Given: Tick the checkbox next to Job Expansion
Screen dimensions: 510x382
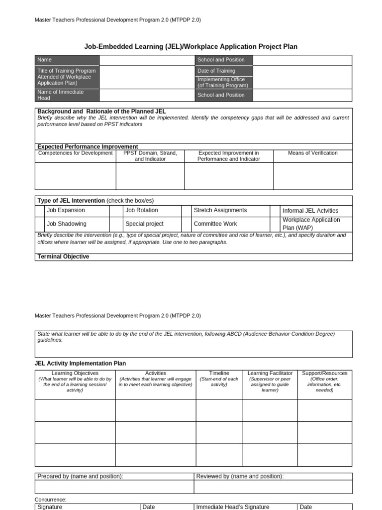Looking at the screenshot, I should [40, 211].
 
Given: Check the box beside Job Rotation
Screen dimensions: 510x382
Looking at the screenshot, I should [116, 211].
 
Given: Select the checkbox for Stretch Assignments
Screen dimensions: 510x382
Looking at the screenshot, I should [186, 211].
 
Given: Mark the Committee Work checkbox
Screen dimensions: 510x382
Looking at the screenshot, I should [186, 224].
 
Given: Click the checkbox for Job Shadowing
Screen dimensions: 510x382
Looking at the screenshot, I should [40, 224].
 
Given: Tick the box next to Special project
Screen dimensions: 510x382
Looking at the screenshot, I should [116, 224].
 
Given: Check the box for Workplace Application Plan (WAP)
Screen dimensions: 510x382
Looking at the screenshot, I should [275, 224].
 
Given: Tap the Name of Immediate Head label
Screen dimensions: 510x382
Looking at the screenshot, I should [61, 95].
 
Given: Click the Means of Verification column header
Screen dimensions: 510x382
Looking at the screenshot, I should [312, 153].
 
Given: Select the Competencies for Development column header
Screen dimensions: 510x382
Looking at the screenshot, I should [75, 153].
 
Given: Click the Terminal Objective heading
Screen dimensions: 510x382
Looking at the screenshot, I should [63, 256].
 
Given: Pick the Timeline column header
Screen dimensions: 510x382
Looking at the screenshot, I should [219, 373].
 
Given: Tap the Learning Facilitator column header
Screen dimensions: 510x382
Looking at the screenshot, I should [270, 373].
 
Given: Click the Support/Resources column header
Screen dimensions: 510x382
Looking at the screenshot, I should [324, 373].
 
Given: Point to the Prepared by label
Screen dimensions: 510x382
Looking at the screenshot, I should [80, 476].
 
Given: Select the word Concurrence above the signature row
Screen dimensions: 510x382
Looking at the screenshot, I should [50, 500].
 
